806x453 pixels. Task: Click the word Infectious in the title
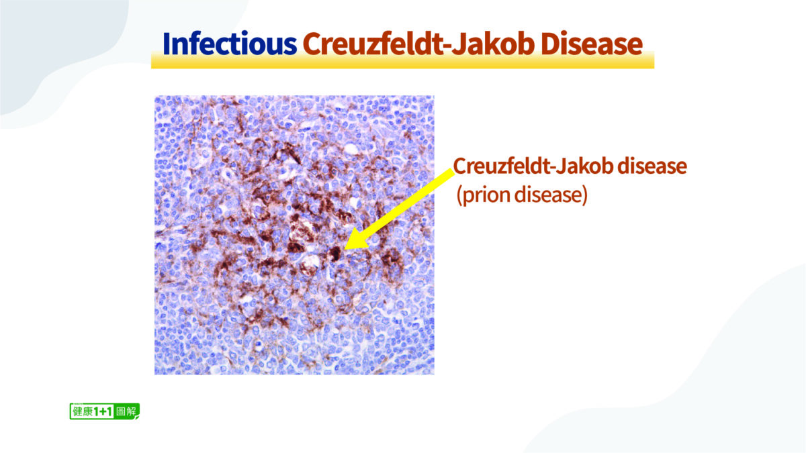[x=230, y=44]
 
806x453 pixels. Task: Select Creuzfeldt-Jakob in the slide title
[x=418, y=44]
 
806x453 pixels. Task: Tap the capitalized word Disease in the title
[x=592, y=44]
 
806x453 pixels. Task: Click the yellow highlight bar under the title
[x=402, y=60]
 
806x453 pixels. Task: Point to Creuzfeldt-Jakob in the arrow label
[x=533, y=166]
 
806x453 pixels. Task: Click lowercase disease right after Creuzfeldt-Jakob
[x=652, y=166]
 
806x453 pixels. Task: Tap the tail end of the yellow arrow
[x=453, y=172]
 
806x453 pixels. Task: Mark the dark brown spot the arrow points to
[x=335, y=254]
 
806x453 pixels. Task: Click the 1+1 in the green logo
[x=103, y=411]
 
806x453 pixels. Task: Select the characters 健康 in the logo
[x=83, y=411]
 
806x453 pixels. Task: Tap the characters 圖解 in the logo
[x=126, y=411]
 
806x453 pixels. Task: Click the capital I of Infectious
[x=167, y=44]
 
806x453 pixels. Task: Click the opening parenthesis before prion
[x=459, y=196]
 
